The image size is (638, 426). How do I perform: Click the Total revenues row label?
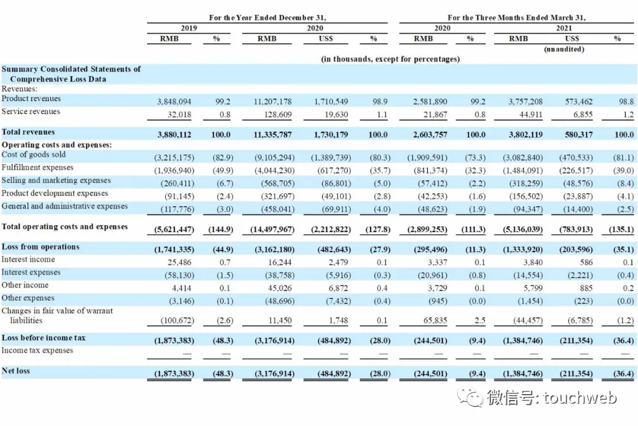point(28,132)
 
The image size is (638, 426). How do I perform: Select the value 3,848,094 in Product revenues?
point(174,101)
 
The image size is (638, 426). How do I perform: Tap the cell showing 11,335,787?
point(272,134)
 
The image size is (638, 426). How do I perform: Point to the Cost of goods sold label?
point(33,155)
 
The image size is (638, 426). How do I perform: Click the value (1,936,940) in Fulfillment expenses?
point(174,170)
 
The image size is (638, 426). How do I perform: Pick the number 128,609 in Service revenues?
point(278,115)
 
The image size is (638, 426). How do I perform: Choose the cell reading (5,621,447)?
point(174,229)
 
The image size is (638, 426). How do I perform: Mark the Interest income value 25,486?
point(180,262)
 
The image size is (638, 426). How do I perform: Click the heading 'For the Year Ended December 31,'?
point(268,18)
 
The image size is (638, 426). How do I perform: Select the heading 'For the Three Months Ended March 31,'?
point(516,18)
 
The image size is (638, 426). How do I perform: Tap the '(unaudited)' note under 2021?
point(564,49)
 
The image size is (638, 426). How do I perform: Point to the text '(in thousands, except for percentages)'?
point(390,59)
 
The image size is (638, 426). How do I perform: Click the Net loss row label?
point(15,370)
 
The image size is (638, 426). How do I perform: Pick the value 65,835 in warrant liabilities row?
point(435,320)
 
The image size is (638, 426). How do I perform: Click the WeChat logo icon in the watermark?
point(470,396)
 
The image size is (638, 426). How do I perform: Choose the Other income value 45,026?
point(279,288)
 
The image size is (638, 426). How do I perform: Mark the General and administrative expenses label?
point(65,206)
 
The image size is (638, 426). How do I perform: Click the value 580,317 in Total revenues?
point(578,134)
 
